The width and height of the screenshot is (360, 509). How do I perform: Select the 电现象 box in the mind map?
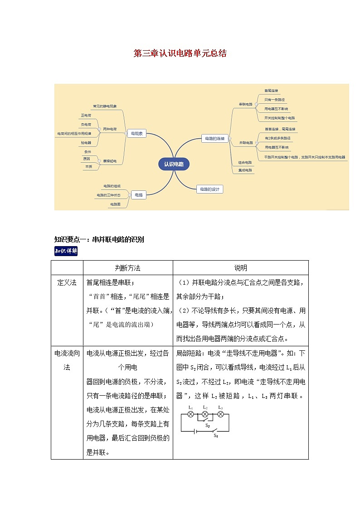[x=136, y=134]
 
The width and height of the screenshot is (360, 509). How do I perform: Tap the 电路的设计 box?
[x=210, y=189]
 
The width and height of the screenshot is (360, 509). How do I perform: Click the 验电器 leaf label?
[x=86, y=142]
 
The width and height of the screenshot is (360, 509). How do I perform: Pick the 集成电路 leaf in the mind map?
[x=245, y=170]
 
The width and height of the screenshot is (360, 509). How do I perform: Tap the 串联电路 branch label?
[x=246, y=104]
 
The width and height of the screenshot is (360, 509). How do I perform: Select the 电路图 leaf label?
[x=115, y=204]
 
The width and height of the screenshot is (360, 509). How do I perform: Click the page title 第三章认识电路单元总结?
[x=180, y=53]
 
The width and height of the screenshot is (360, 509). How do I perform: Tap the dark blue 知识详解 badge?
[x=66, y=251]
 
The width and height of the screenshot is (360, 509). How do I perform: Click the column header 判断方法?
[x=128, y=268]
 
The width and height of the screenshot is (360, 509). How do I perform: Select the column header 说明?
[x=240, y=268]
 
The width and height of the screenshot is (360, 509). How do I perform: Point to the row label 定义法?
[x=67, y=282]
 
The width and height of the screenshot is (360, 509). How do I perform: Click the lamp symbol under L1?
[x=191, y=414]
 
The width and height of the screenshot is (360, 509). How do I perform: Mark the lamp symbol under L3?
[x=220, y=414]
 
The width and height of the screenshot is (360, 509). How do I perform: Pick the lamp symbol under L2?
[x=205, y=414]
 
